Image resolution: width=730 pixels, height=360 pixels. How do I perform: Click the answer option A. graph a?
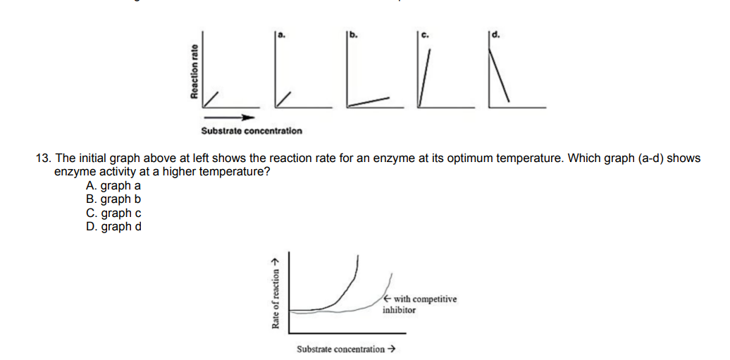point(113,186)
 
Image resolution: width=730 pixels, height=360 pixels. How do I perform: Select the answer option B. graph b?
point(113,199)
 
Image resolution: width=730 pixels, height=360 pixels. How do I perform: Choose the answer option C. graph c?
point(113,213)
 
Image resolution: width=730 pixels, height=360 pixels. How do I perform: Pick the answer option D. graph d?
point(113,226)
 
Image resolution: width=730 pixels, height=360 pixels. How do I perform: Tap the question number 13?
point(43,158)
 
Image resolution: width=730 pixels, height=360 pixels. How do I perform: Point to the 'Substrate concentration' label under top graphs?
point(251,131)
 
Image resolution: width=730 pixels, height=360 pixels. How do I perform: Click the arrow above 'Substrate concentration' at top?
point(229,118)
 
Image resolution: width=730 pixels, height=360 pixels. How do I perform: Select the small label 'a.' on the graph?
point(280,34)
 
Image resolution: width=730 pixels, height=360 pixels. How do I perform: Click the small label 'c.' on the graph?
point(425,34)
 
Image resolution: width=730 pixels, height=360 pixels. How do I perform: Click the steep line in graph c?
point(424,77)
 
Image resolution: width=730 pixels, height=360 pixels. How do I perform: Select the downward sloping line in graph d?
point(499,77)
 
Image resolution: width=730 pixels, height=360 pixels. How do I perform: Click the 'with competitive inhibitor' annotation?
point(420,304)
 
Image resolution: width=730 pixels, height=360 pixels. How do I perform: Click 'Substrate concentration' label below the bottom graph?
point(346,349)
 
